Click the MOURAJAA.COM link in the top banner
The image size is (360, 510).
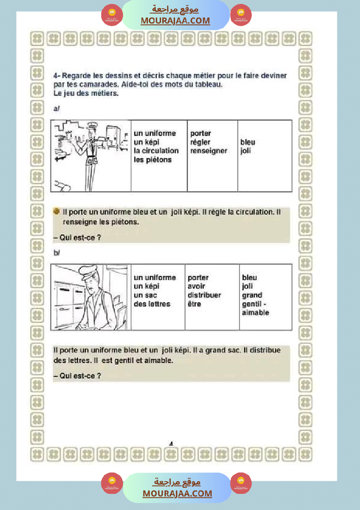pyautogui.click(x=175, y=21)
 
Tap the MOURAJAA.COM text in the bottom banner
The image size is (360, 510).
pyautogui.click(x=177, y=493)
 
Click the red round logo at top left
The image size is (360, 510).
pyautogui.click(x=112, y=15)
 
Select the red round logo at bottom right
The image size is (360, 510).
pyautogui.click(x=241, y=483)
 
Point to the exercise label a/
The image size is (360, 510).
pyautogui.click(x=56, y=109)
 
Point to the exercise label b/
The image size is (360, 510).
pyautogui.click(x=57, y=253)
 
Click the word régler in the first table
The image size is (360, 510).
pyautogui.click(x=200, y=142)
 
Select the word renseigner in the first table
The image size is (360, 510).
pyautogui.click(x=209, y=151)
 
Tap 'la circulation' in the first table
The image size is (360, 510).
pyautogui.click(x=156, y=151)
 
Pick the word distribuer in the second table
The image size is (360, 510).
pyautogui.click(x=204, y=295)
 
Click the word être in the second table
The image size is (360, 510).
pyautogui.click(x=194, y=304)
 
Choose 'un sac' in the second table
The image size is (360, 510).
pyautogui.click(x=145, y=295)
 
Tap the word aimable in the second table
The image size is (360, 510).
pyautogui.click(x=255, y=313)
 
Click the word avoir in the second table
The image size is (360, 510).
pyautogui.click(x=196, y=287)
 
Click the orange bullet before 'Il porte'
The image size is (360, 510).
pyautogui.click(x=57, y=212)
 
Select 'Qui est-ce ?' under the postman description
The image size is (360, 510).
pyautogui.click(x=77, y=375)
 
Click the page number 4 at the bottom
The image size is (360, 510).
pyautogui.click(x=171, y=444)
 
